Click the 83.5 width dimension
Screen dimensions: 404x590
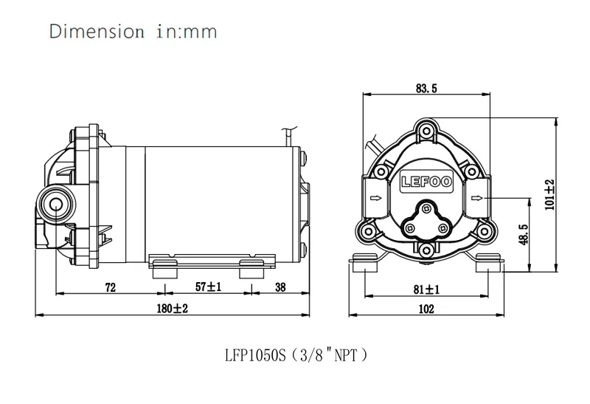426,89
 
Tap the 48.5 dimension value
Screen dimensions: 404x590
522,236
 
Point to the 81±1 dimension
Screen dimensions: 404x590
426,290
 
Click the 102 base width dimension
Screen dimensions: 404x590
426,310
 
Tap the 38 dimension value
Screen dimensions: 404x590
281,289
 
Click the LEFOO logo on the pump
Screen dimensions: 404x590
426,180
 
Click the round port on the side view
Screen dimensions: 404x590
55,202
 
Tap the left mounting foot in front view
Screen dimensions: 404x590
367,263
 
